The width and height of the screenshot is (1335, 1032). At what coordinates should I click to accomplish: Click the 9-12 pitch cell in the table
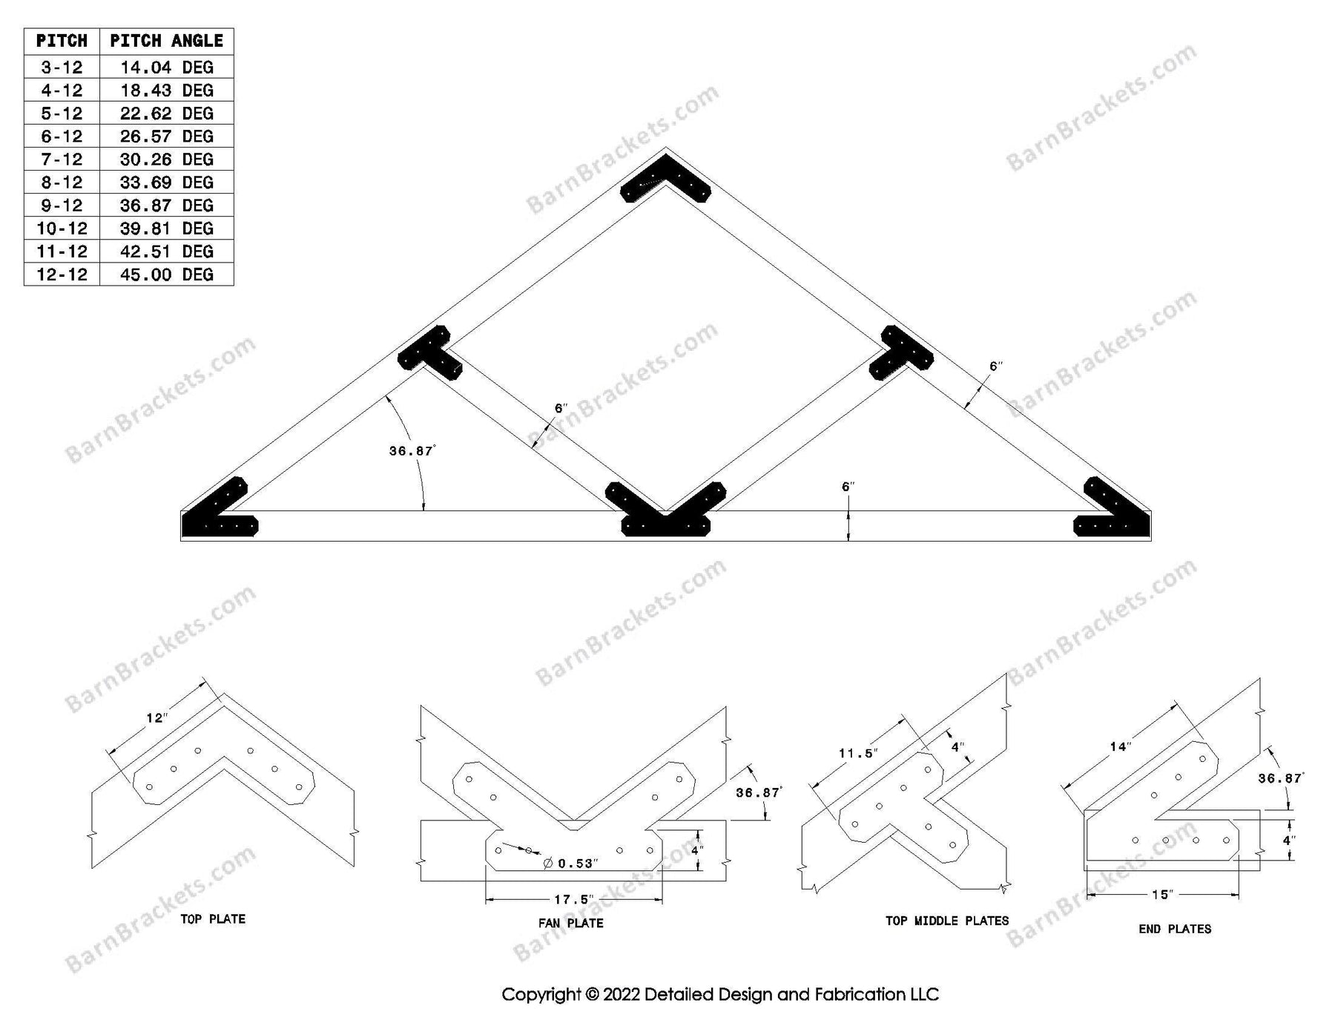click(62, 206)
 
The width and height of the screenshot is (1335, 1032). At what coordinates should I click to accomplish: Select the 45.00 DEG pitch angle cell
click(166, 275)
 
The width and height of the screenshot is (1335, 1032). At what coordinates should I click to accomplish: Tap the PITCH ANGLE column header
click(166, 41)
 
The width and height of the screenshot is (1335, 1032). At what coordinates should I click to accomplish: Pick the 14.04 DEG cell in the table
click(166, 68)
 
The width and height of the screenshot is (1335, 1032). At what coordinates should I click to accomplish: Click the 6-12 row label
click(62, 137)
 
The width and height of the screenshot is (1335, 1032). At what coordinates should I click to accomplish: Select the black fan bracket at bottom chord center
click(665, 512)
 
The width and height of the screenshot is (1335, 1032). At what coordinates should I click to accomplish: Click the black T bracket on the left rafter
click(429, 352)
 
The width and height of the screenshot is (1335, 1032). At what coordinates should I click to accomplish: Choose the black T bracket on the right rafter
click(903, 352)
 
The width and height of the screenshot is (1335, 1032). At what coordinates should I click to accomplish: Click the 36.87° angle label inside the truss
click(412, 450)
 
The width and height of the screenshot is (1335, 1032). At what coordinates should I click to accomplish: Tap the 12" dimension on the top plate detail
click(157, 718)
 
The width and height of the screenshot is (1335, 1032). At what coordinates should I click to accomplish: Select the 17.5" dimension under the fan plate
click(573, 900)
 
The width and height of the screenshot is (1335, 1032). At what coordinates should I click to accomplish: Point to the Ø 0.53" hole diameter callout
click(571, 863)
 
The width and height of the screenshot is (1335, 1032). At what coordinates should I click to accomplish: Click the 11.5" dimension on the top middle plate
click(858, 754)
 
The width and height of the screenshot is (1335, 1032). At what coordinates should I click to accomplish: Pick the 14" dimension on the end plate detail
click(1119, 746)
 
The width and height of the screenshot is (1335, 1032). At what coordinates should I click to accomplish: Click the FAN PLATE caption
click(570, 923)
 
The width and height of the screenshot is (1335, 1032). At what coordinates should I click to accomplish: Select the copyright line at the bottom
click(719, 994)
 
